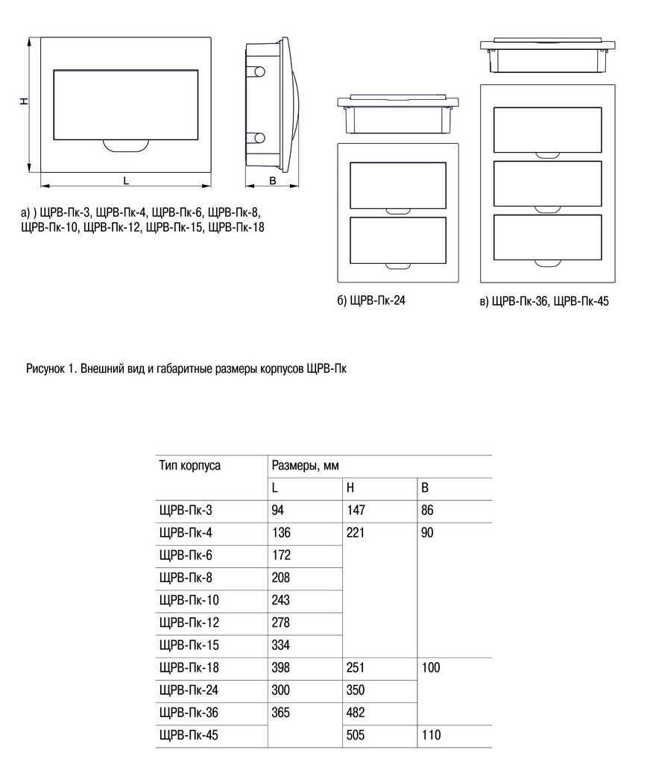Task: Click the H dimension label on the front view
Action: pos(23,101)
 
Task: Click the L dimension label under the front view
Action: pos(126,181)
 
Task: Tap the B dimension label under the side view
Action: pos(272,181)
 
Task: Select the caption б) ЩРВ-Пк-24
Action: pos(371,300)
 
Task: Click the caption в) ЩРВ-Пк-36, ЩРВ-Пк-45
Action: pos(545,301)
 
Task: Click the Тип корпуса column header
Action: pos(190,466)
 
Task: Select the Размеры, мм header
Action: pos(305,466)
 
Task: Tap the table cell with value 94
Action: pos(278,510)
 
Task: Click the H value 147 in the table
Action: pos(356,510)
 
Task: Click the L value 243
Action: pos(281,600)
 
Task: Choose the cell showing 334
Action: pos(281,646)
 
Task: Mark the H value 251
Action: pos(356,668)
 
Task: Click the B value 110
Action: pos(431,735)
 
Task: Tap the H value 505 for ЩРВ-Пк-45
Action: pos(356,735)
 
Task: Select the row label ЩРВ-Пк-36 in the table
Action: pos(189,713)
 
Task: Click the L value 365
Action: pos(281,713)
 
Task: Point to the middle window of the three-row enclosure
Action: pos(547,183)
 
